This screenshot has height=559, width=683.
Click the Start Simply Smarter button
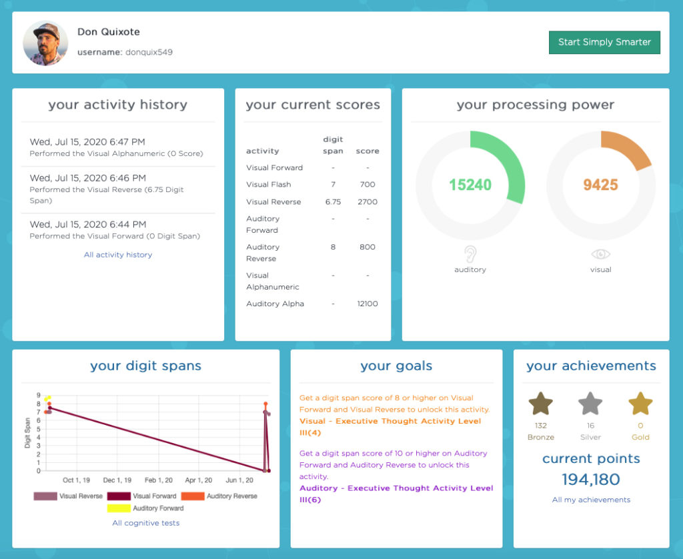coord(604,42)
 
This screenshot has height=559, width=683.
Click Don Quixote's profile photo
coord(45,43)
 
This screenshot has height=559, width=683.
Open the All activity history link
coord(118,255)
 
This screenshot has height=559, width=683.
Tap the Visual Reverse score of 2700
coord(368,201)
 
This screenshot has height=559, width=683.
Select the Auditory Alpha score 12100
coord(368,304)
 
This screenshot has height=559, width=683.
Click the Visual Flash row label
coord(268,184)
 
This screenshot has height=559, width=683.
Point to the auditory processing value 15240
coord(470,185)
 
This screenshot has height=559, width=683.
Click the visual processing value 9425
coord(601,185)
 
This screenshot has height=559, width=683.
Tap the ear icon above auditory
coord(470,253)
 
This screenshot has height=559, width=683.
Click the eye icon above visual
coord(601,254)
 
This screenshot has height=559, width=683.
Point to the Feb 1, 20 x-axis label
coord(159,480)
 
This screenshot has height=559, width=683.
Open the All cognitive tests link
coord(146,523)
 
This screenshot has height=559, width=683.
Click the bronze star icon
coord(541,404)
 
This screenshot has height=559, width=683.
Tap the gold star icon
coord(640,404)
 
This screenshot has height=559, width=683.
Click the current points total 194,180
coord(591,480)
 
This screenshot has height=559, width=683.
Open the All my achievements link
coord(591,500)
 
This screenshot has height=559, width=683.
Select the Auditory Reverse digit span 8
coord(333,247)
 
